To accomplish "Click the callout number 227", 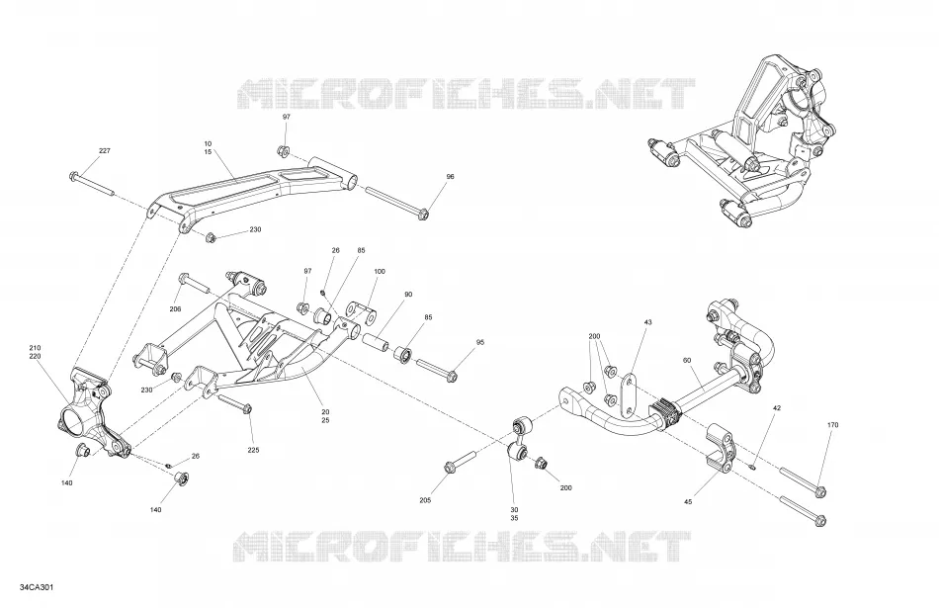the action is (x=105, y=151).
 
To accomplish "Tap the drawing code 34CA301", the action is (x=36, y=587).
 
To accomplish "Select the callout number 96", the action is (x=451, y=177).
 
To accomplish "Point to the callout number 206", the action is (x=175, y=309).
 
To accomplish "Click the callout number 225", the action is (x=253, y=450).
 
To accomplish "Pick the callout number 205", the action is (x=425, y=500).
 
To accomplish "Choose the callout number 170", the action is (x=832, y=425).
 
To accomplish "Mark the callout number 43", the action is (x=647, y=322).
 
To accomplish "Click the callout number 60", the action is (x=687, y=360).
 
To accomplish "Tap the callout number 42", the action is (x=777, y=408).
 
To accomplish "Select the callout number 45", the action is (x=688, y=502).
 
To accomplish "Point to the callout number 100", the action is (x=380, y=271).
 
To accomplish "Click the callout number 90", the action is (x=408, y=295).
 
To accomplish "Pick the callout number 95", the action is (x=480, y=342).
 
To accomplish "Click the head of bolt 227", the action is (x=74, y=176).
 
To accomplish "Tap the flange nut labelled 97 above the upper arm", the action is (x=284, y=150).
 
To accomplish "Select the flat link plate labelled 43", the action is (x=628, y=396).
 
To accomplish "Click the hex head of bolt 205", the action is (x=449, y=467).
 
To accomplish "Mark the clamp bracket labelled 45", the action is (x=723, y=446).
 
